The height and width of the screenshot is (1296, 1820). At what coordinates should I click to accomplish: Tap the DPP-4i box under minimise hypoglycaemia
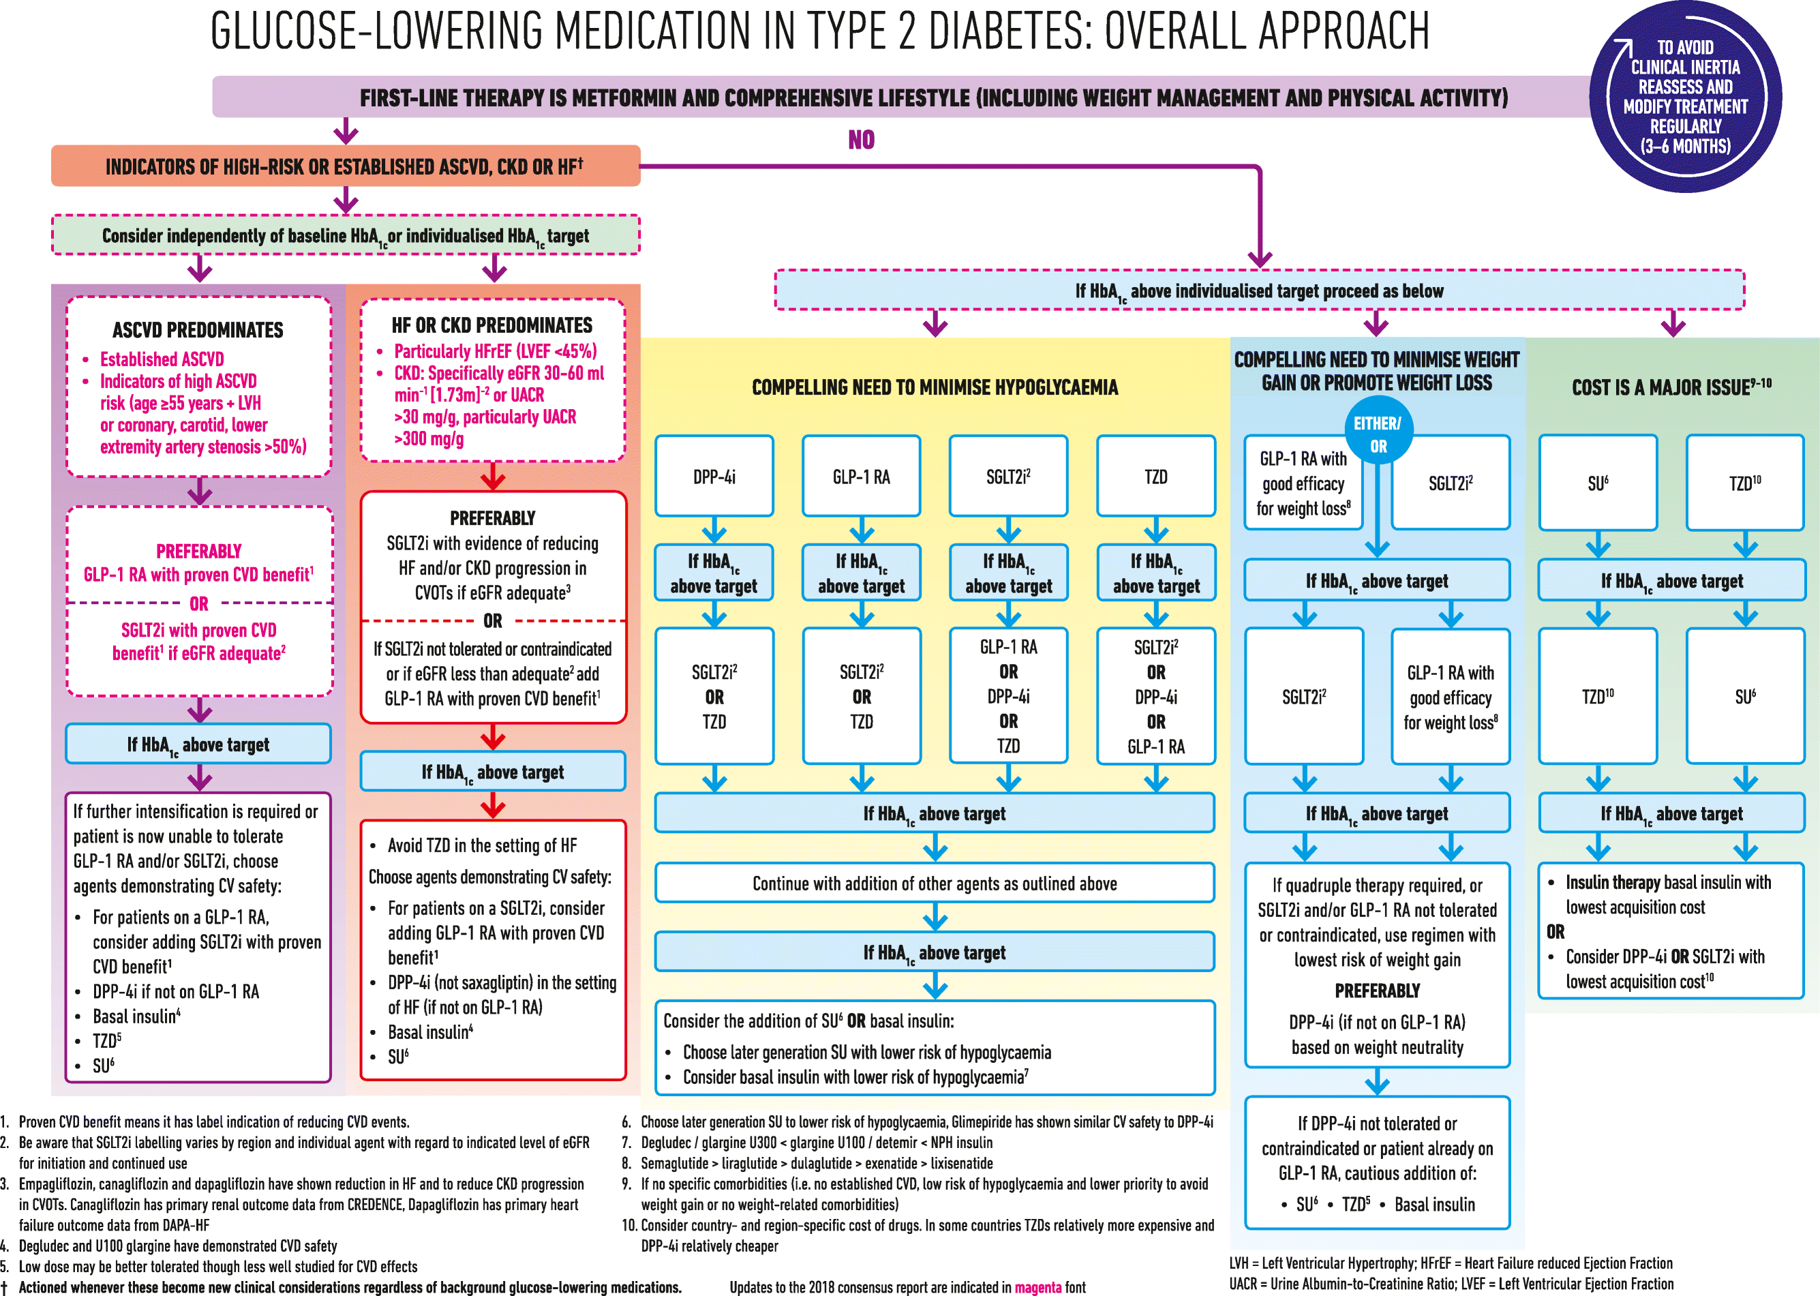(714, 477)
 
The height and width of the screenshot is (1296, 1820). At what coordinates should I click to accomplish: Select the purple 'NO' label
(861, 140)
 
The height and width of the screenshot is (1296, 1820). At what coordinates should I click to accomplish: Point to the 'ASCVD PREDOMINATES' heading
(198, 329)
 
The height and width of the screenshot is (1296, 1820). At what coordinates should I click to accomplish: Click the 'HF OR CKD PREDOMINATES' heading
(491, 325)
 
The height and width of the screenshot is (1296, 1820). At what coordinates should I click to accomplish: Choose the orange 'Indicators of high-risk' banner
(345, 166)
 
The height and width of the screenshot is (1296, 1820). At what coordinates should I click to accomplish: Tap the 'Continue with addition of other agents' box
(935, 884)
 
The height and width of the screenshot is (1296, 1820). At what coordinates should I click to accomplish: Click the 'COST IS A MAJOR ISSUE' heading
(1671, 387)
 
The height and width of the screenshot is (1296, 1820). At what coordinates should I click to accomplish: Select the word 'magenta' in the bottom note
(1037, 1286)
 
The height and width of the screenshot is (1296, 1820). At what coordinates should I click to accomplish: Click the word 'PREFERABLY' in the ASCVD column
(198, 551)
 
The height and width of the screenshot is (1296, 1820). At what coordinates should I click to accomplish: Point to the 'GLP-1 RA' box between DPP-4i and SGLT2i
(861, 477)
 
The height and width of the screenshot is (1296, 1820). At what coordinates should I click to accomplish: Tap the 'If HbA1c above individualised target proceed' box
(1259, 290)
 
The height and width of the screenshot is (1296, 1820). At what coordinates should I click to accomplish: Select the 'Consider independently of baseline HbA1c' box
(345, 235)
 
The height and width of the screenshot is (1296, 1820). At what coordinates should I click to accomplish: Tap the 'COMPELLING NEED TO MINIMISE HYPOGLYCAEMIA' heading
(935, 387)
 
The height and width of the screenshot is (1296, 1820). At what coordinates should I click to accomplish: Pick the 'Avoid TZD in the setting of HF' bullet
(482, 845)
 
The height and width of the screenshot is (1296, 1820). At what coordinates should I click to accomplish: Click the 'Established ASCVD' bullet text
(162, 359)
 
